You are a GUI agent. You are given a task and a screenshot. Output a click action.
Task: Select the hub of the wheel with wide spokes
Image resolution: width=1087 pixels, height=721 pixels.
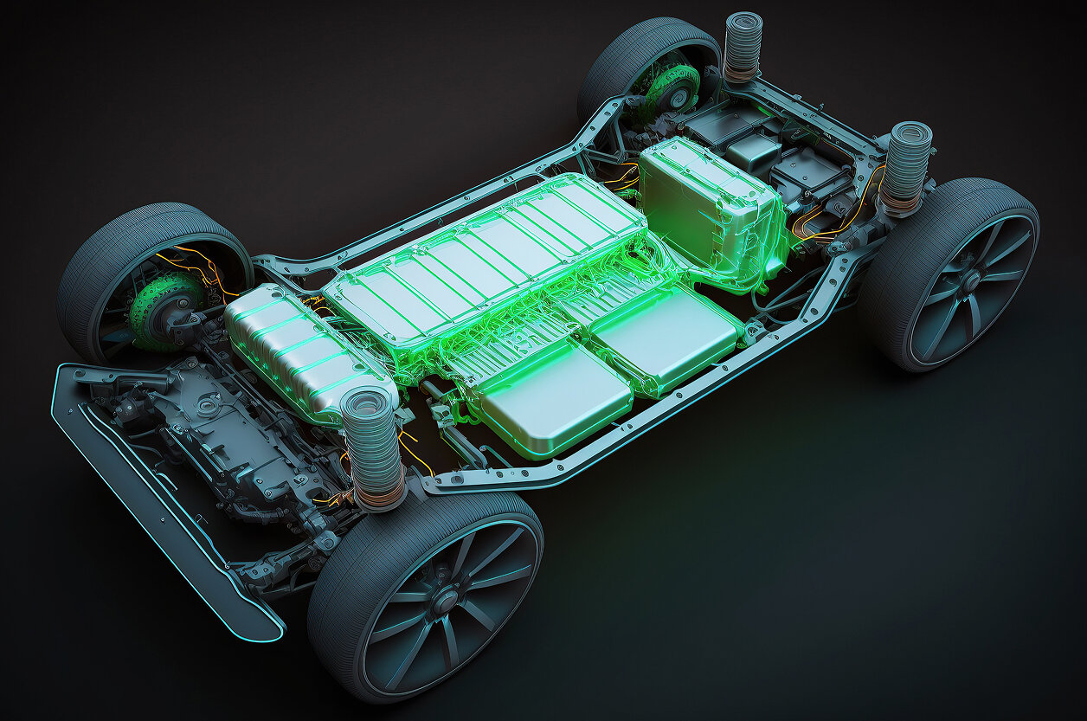coord(969,280)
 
